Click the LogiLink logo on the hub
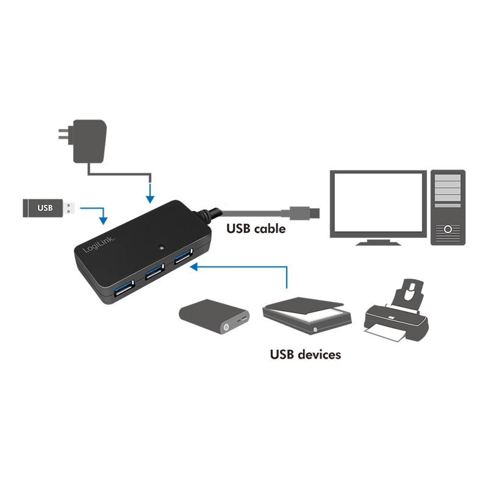99,245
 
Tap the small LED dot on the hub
161,248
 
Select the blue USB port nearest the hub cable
183,256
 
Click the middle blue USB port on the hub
154,271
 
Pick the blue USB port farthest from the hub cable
124,288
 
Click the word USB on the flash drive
45,208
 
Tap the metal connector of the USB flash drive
68,208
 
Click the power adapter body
90,141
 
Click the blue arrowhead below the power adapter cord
150,199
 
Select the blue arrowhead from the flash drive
103,221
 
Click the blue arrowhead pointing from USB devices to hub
194,267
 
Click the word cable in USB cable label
270,229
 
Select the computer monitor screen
378,203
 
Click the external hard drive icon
214,317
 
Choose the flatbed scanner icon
307,315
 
